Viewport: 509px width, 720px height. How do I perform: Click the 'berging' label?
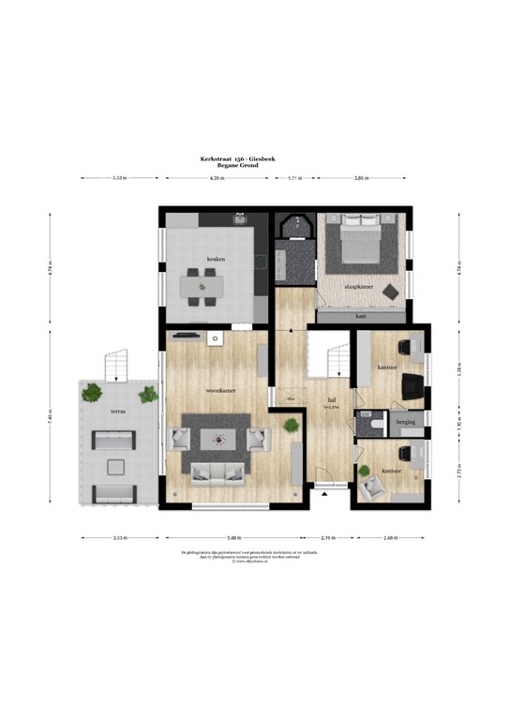point(405,423)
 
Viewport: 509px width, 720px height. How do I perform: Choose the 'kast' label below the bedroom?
point(361,316)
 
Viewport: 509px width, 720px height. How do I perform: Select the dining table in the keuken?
point(202,285)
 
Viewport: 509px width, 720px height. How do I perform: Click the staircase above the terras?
point(114,362)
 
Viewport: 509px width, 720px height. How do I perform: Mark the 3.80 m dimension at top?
point(360,177)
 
